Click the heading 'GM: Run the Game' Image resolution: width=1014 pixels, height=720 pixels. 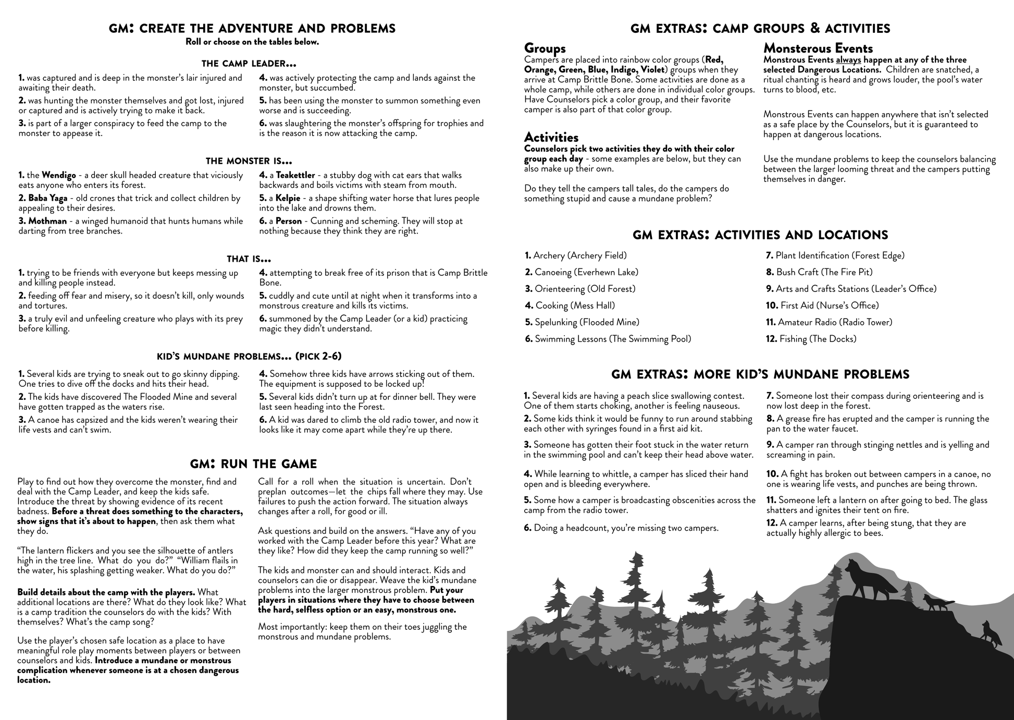(x=253, y=464)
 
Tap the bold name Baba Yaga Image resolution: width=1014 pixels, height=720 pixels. (x=47, y=198)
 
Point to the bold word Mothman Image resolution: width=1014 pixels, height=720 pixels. (x=47, y=221)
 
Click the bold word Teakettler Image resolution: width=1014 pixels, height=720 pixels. (x=295, y=175)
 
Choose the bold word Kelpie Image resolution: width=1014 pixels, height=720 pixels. (x=288, y=198)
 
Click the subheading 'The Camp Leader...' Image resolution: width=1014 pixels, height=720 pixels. (x=249, y=64)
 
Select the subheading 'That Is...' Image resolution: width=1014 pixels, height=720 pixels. (x=249, y=259)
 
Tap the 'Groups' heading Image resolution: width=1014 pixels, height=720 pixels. (x=545, y=48)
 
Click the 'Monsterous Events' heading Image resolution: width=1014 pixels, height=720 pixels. (x=818, y=48)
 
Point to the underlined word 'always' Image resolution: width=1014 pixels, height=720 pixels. (x=848, y=60)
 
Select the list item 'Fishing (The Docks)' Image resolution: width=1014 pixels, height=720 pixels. (x=817, y=339)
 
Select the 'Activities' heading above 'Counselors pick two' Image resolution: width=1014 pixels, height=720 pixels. (x=551, y=138)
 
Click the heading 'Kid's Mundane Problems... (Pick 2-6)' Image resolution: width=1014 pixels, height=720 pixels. (x=249, y=357)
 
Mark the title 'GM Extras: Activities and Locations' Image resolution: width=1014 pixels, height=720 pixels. (x=760, y=235)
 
